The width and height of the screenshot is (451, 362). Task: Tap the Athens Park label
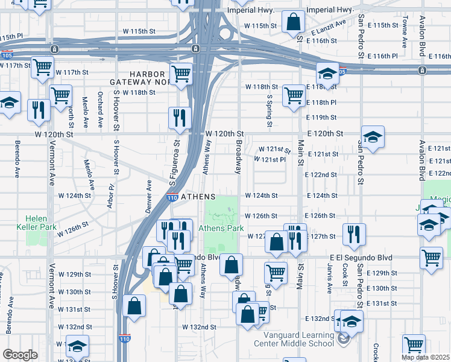[222, 228]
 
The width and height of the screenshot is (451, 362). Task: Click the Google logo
[20, 355]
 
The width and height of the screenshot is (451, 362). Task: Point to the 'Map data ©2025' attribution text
[425, 357]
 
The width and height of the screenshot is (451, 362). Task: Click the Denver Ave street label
[148, 190]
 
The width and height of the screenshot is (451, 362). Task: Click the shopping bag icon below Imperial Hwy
[292, 21]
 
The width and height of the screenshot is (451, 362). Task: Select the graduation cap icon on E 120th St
[373, 137]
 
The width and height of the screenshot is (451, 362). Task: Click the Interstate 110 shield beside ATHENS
[171, 197]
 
